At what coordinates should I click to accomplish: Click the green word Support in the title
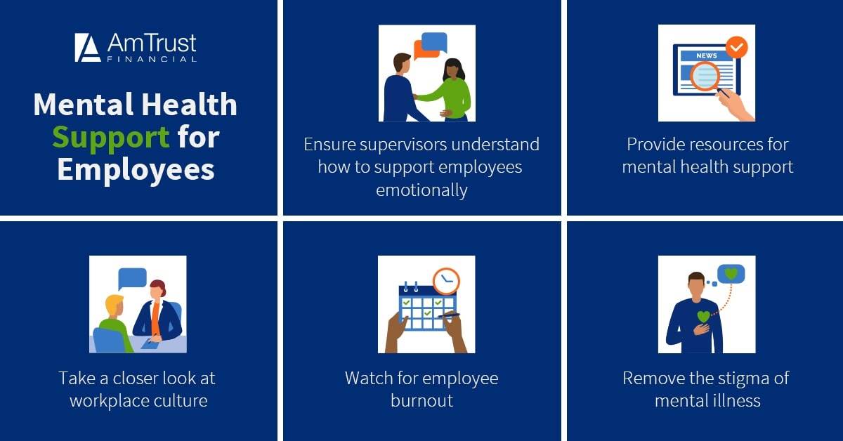click(111, 138)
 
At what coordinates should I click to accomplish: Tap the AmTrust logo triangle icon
click(88, 47)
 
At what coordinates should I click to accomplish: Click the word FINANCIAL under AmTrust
click(151, 60)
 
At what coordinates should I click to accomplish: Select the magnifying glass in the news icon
click(704, 77)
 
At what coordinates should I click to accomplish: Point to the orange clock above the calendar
click(445, 280)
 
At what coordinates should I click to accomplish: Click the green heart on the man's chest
click(703, 317)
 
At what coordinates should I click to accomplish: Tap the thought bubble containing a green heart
click(731, 274)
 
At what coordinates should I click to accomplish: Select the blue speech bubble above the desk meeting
click(132, 277)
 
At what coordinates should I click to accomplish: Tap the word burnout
click(421, 401)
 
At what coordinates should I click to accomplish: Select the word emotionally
click(421, 190)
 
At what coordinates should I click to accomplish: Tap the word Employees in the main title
click(136, 171)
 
